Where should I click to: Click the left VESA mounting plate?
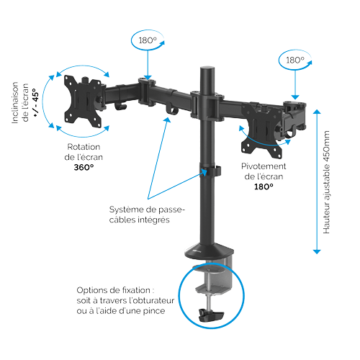point(83,102)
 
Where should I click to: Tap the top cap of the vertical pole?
point(207,69)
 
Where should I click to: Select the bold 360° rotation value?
point(84,167)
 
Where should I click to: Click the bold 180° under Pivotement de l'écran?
point(264,186)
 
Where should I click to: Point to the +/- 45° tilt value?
point(35,102)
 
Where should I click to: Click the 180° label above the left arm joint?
point(148,40)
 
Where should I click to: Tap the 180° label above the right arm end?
point(295,60)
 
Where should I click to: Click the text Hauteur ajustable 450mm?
point(326,182)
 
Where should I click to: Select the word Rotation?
point(84,147)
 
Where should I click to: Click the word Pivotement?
point(264,166)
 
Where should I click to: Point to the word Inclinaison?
point(15,103)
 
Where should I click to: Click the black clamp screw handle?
point(211,315)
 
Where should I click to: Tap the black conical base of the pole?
point(209,251)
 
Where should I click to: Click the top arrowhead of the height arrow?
point(317,112)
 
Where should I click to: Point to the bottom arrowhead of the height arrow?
point(317,252)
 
